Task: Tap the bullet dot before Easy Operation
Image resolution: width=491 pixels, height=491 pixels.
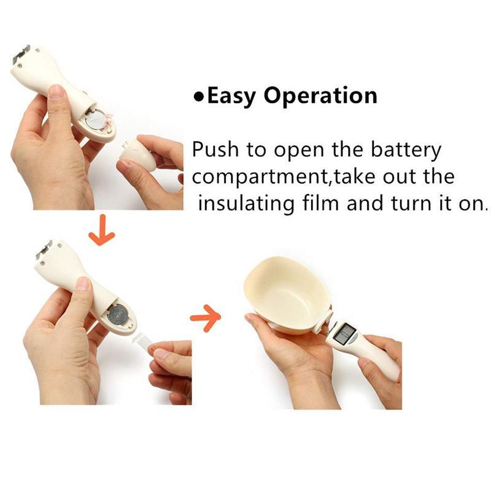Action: pyautogui.click(x=198, y=97)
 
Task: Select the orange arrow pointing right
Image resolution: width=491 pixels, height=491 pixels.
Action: pyautogui.click(x=205, y=317)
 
